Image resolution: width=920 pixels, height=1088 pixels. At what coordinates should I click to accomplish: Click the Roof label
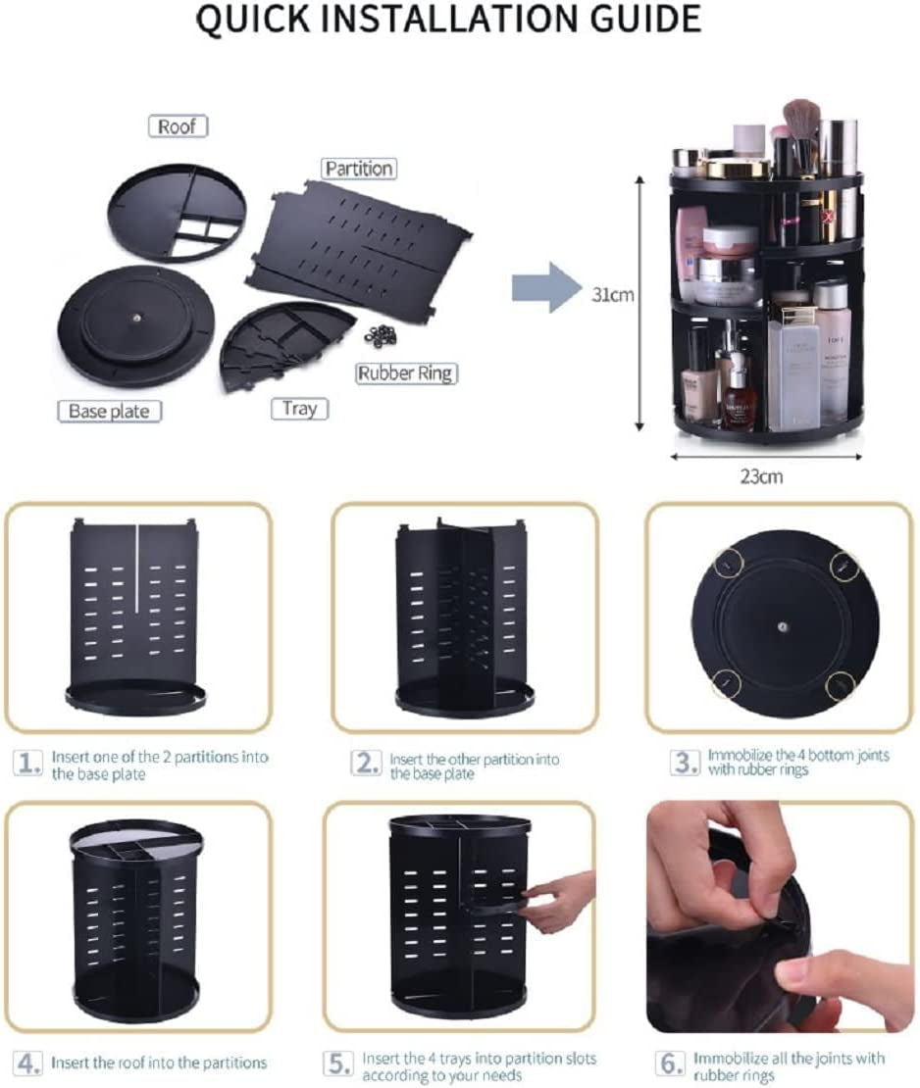178,126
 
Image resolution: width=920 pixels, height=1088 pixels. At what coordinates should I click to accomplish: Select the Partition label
359,169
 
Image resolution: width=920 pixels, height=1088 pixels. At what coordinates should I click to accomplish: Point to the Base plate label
109,411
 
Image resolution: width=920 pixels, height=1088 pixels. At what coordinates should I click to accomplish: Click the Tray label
299,408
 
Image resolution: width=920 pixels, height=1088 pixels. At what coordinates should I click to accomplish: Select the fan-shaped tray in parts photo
278,343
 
